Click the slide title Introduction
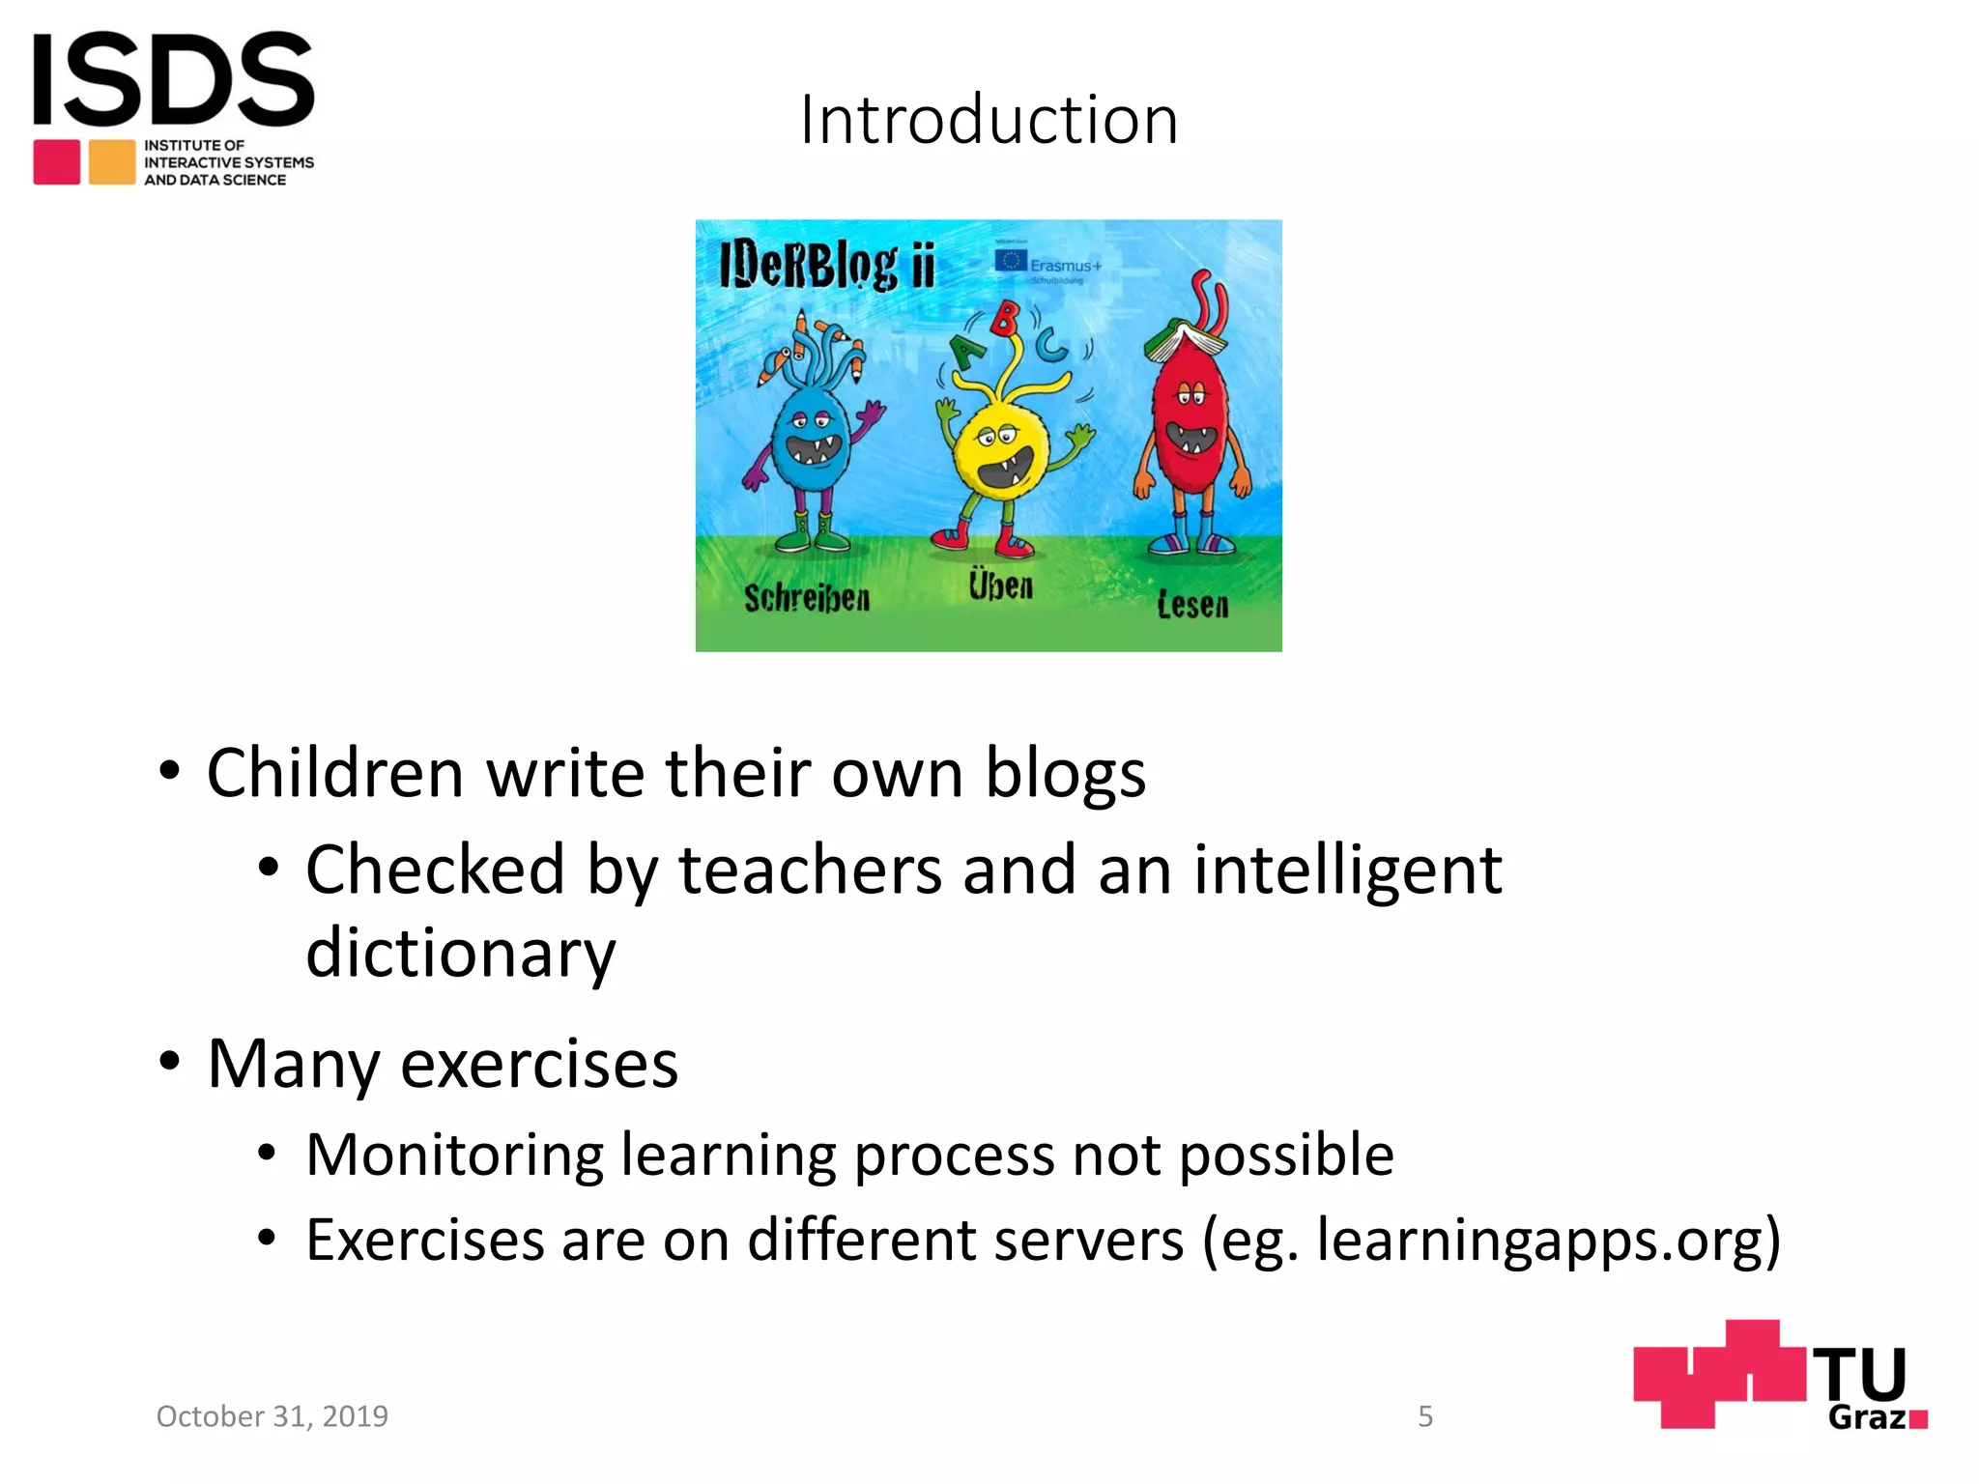point(989,121)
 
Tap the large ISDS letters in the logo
point(174,79)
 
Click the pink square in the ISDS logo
point(57,162)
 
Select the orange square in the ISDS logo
point(112,162)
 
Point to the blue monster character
point(814,444)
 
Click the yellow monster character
point(1000,454)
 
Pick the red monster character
point(1190,425)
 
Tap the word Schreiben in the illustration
point(807,598)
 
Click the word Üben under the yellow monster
point(1001,585)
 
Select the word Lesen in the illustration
point(1192,605)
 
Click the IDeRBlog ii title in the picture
point(827,266)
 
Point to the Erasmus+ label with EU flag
point(1048,264)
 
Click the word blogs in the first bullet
point(1065,773)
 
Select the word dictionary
point(460,952)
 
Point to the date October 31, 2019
point(272,1416)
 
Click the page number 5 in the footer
point(1425,1416)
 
